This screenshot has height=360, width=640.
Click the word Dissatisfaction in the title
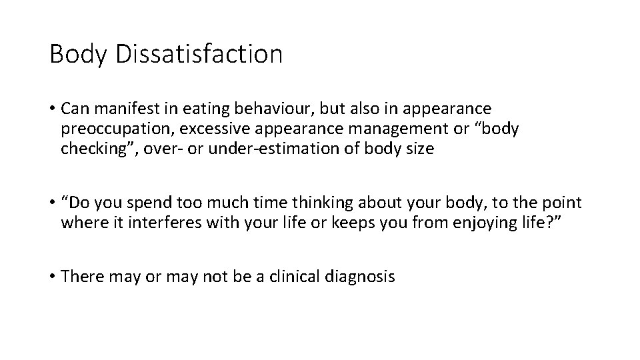click(x=199, y=54)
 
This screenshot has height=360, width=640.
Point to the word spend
click(x=157, y=203)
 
